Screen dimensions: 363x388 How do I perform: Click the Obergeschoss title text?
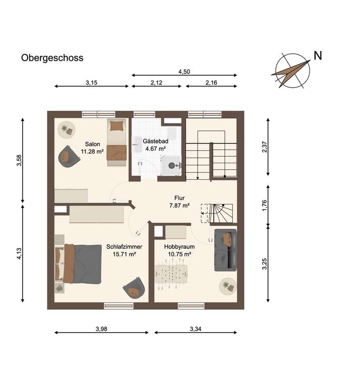tap(52, 58)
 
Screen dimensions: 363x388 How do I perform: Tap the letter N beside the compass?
tap(318, 55)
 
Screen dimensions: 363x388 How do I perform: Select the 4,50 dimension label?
tap(184, 72)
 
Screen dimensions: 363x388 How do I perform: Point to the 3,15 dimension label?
tap(91, 83)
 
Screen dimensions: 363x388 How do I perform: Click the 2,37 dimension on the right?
tap(265, 147)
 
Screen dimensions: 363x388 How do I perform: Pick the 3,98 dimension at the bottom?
tap(101, 329)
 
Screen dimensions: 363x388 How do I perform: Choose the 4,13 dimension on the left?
tap(19, 253)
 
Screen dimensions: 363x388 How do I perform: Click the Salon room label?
tap(93, 144)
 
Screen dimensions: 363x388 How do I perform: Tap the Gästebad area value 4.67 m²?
tap(155, 149)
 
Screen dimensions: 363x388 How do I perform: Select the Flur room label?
tap(179, 198)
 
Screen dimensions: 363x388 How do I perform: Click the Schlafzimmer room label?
tap(125, 247)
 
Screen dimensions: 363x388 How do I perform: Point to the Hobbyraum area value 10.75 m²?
tap(179, 254)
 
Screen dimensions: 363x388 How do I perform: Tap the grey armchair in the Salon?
tap(69, 156)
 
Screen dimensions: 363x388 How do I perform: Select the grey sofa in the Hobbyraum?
tap(225, 250)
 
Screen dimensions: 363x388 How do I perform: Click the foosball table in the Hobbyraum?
tap(171, 274)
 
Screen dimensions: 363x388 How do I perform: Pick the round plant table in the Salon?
tap(67, 130)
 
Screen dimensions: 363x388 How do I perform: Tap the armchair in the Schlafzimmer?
tap(134, 288)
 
